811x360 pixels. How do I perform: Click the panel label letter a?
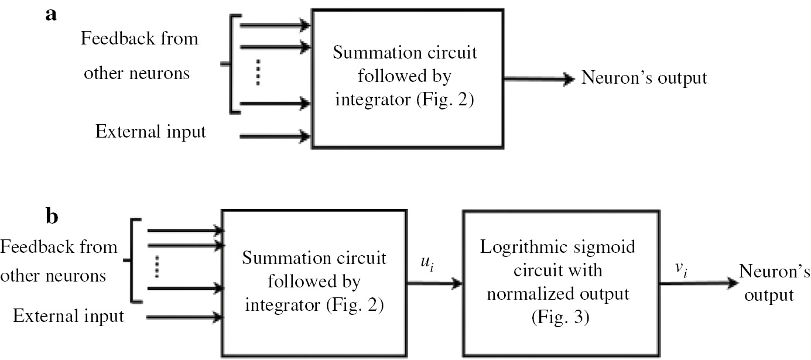[50, 15]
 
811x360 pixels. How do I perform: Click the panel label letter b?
[52, 217]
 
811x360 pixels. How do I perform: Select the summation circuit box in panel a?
[406, 77]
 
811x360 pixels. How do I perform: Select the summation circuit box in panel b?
[314, 281]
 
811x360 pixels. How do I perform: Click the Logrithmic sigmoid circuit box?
[557, 281]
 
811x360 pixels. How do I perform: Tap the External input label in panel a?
[150, 132]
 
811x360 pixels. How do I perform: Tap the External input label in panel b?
[69, 317]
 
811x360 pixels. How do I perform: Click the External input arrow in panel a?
[275, 137]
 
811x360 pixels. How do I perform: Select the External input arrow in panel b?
[184, 317]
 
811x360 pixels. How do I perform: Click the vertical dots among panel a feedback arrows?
[256, 74]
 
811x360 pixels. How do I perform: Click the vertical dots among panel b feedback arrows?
[157, 267]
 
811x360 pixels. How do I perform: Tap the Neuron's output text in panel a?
[644, 78]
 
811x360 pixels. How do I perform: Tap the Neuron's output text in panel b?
[766, 283]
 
